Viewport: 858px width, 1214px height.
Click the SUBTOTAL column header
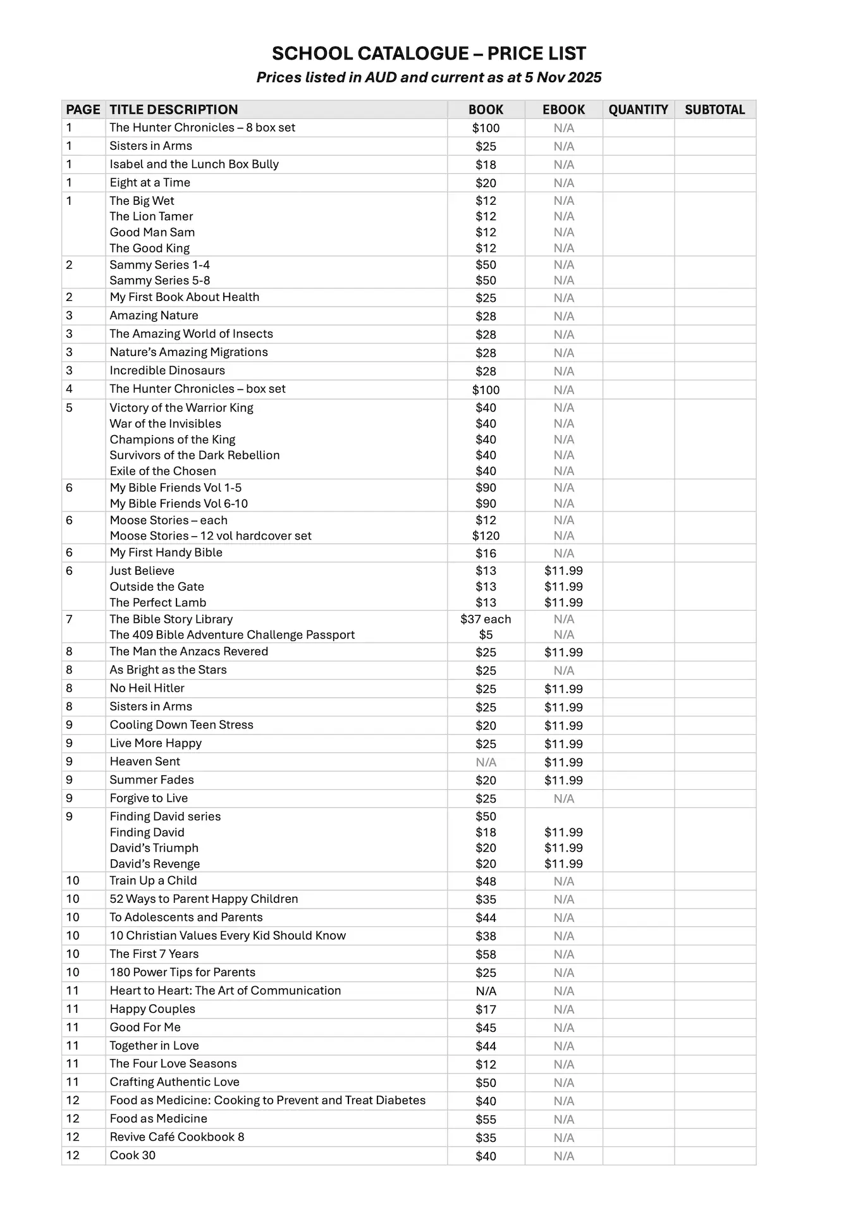(x=714, y=109)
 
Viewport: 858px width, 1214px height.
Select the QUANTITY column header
(x=638, y=109)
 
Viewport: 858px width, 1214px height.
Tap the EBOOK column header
(x=563, y=109)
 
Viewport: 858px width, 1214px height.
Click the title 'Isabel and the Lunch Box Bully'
(x=194, y=164)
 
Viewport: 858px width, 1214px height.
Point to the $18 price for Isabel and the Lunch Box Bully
(x=486, y=165)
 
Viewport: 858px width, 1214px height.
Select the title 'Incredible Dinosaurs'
(x=167, y=371)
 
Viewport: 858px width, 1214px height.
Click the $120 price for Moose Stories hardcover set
(x=486, y=536)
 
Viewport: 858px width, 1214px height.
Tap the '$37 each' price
(x=486, y=620)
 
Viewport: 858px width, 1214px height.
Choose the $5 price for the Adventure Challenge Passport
(x=486, y=635)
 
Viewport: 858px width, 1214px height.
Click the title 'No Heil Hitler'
(x=147, y=688)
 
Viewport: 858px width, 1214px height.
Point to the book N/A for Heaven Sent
(x=486, y=763)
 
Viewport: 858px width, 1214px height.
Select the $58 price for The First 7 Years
(x=486, y=955)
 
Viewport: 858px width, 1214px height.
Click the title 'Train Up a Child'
(x=153, y=881)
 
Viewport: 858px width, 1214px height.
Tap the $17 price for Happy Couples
(x=486, y=1010)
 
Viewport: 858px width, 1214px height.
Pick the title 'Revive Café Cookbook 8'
(x=177, y=1137)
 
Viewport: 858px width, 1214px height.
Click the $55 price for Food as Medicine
(x=486, y=1120)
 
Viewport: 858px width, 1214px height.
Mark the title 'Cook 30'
(x=133, y=1155)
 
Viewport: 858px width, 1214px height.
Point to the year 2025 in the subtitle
(x=585, y=78)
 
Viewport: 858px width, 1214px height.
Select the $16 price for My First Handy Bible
(x=486, y=553)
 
